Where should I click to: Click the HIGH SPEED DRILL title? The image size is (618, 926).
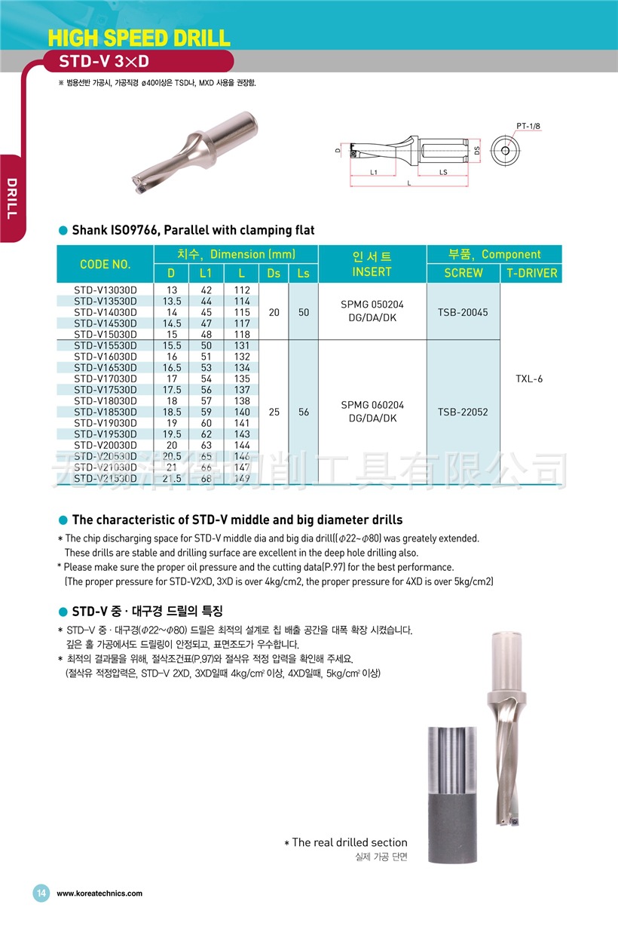pyautogui.click(x=139, y=38)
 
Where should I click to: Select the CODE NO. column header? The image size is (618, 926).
pyautogui.click(x=106, y=264)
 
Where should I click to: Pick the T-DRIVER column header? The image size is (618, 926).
pyautogui.click(x=532, y=273)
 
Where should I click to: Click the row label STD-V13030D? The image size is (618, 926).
pyautogui.click(x=106, y=290)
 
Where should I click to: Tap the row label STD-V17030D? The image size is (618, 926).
pyautogui.click(x=106, y=379)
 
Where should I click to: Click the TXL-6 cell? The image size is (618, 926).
pyautogui.click(x=529, y=379)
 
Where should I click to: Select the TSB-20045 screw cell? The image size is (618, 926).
pyautogui.click(x=463, y=311)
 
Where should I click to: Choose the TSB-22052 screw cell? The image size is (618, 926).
pyautogui.click(x=463, y=412)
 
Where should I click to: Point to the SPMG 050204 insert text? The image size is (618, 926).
pyautogui.click(x=372, y=305)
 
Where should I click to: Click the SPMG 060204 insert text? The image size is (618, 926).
pyautogui.click(x=372, y=405)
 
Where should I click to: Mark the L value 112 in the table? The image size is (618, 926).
pyautogui.click(x=242, y=290)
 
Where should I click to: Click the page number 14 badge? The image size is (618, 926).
pyautogui.click(x=41, y=893)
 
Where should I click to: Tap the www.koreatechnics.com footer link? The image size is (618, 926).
pyautogui.click(x=99, y=894)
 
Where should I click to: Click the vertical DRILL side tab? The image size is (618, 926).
pyautogui.click(x=11, y=198)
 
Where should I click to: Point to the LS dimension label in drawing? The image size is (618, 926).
pyautogui.click(x=443, y=172)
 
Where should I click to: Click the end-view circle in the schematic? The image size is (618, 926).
pyautogui.click(x=506, y=150)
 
